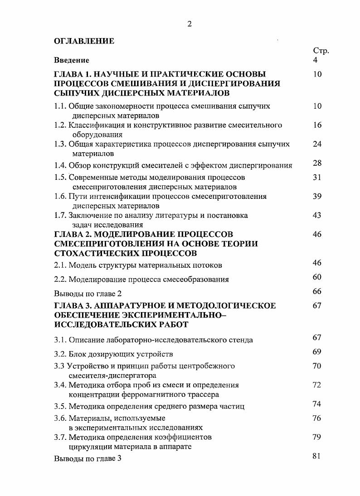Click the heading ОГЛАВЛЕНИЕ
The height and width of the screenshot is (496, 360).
84,41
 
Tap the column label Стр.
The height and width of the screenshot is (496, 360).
321,51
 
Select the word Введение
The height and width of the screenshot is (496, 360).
72,60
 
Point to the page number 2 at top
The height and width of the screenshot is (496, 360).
190,24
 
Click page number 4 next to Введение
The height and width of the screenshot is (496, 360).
316,60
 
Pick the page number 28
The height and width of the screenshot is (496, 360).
317,164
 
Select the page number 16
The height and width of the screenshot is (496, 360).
317,125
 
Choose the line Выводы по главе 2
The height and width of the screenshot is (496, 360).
88,293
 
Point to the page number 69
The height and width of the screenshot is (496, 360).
317,352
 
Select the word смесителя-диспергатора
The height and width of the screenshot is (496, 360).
112,376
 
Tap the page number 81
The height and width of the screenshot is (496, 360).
317,456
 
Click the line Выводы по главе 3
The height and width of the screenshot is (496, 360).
88,458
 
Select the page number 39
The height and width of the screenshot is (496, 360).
317,197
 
